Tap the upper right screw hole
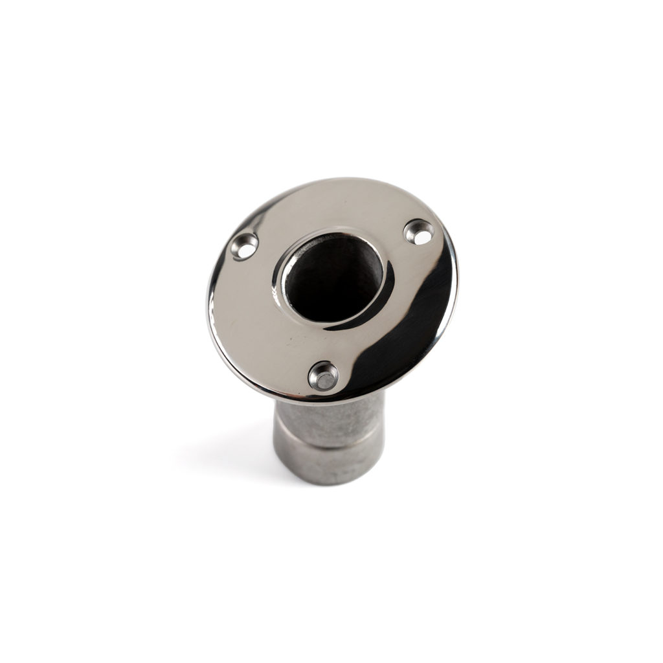419,232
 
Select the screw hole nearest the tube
323,376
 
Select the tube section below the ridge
330,463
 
